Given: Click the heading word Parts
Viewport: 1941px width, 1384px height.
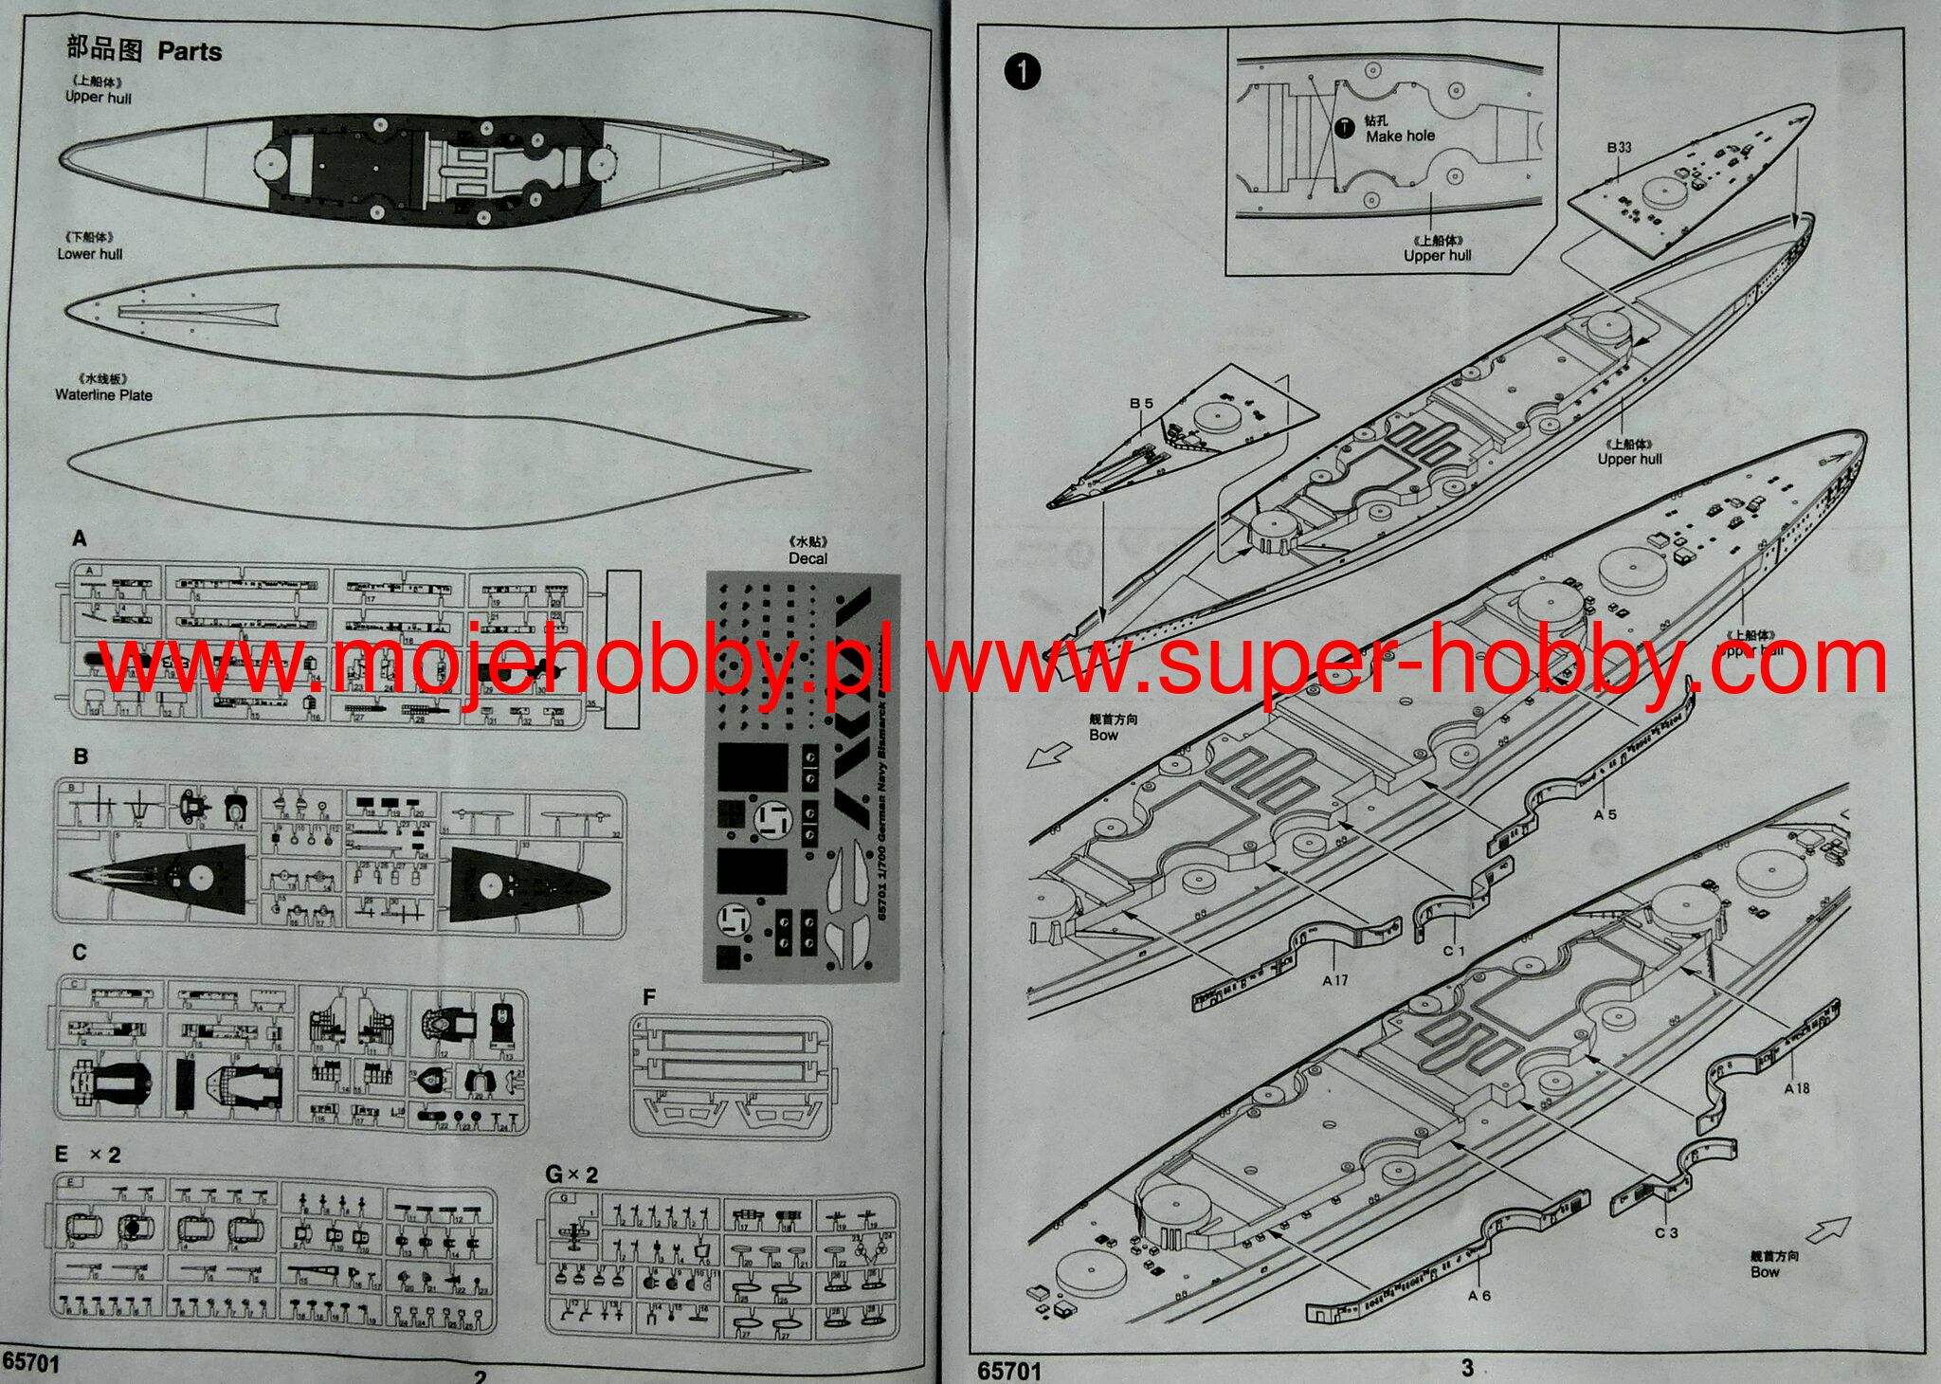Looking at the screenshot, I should [190, 51].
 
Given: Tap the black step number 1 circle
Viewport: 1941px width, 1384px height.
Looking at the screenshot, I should [1024, 72].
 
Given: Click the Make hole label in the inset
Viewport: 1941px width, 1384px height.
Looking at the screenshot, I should [1400, 137].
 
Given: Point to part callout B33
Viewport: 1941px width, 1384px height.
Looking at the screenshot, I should [1619, 148].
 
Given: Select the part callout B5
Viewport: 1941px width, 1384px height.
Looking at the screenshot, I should [1141, 404].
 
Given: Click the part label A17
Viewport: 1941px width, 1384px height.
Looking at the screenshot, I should [1335, 980].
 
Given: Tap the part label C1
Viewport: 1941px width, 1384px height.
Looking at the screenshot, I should [1454, 950].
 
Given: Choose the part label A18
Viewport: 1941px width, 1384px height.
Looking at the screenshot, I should [1796, 1088].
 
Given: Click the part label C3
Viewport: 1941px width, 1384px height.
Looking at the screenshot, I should [1666, 1232].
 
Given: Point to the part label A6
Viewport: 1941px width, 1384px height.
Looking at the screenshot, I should [1478, 1295].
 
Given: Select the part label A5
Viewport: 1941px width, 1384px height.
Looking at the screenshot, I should [1605, 814].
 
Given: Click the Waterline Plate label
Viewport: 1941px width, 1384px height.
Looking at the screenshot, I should [103, 395].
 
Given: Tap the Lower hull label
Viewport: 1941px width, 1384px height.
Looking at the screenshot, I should [90, 254].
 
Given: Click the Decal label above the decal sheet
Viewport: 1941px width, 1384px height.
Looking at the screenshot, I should [807, 558].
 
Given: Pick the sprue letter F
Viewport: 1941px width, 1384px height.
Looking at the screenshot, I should [649, 997].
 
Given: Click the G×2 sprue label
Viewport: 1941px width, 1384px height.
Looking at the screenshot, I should [571, 1175].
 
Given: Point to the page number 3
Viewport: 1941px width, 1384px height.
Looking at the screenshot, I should [1467, 1367].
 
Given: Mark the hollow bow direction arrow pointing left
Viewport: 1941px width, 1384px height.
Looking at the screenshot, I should [1048, 756].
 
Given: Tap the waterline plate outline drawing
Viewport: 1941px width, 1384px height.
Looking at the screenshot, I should [436, 471].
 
